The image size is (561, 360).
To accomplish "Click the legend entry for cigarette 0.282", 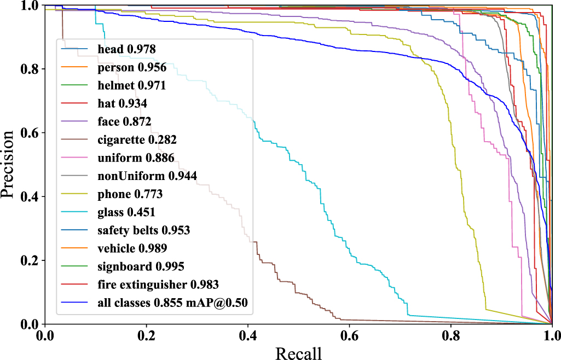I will point(137,140).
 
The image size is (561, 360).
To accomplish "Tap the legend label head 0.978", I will point(126,49).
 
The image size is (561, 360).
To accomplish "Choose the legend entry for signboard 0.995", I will point(141,266).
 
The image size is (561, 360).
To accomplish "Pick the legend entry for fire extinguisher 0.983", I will point(158,284).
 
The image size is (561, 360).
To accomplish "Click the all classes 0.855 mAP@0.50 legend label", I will point(176,303).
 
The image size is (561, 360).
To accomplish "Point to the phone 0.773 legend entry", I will point(130,194).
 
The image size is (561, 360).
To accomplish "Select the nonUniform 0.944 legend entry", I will point(147,176).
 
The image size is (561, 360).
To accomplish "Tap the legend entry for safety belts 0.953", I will point(144,230).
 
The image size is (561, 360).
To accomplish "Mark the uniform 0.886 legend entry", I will point(136,158).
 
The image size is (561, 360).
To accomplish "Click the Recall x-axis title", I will point(298,353).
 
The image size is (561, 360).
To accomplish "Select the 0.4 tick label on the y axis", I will point(28,196).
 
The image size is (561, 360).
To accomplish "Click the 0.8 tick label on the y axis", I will point(28,69).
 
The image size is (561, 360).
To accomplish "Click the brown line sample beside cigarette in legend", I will point(76,140).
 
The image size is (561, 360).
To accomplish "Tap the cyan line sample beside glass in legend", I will point(76,212).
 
